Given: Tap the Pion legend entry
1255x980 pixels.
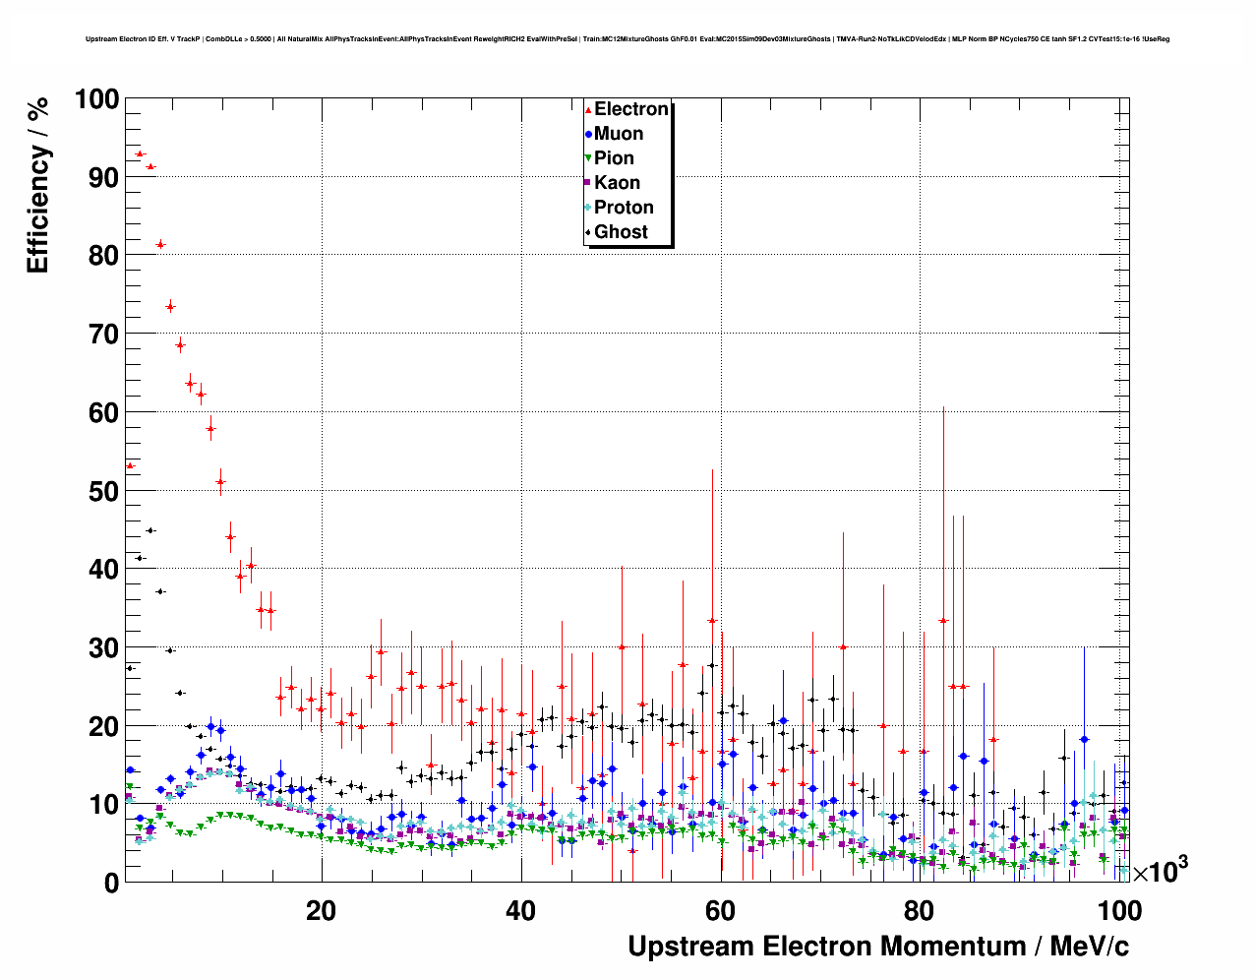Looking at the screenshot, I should [x=613, y=158].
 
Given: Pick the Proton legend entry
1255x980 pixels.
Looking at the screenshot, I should [x=623, y=208].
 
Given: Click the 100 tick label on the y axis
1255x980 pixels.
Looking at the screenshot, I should [x=95, y=99].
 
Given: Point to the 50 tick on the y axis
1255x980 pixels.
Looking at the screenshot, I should [x=102, y=491].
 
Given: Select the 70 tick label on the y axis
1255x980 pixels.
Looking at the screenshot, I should [x=102, y=335].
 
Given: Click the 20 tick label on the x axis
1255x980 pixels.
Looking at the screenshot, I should [x=321, y=911].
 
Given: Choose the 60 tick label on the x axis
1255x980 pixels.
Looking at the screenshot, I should [x=721, y=911].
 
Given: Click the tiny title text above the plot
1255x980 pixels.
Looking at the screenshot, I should [x=627, y=39].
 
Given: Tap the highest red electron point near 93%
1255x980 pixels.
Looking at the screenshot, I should [x=140, y=154].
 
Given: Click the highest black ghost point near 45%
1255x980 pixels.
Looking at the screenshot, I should [x=150, y=530].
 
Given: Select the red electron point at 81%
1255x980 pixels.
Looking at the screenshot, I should [x=160, y=244].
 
